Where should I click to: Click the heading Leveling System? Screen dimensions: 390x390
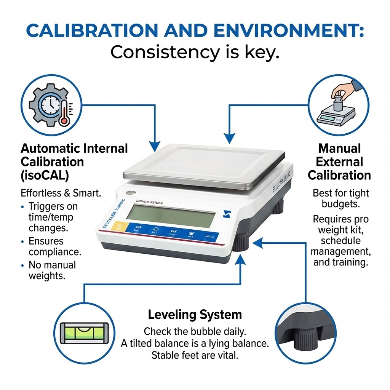click(x=195, y=315)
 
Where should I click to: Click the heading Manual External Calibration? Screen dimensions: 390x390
click(x=339, y=161)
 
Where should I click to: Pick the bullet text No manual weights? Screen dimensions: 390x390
click(x=52, y=270)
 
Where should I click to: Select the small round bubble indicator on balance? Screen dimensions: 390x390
click(x=131, y=193)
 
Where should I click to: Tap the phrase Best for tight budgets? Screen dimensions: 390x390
click(x=340, y=198)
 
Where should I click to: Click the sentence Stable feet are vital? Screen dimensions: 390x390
click(x=195, y=355)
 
